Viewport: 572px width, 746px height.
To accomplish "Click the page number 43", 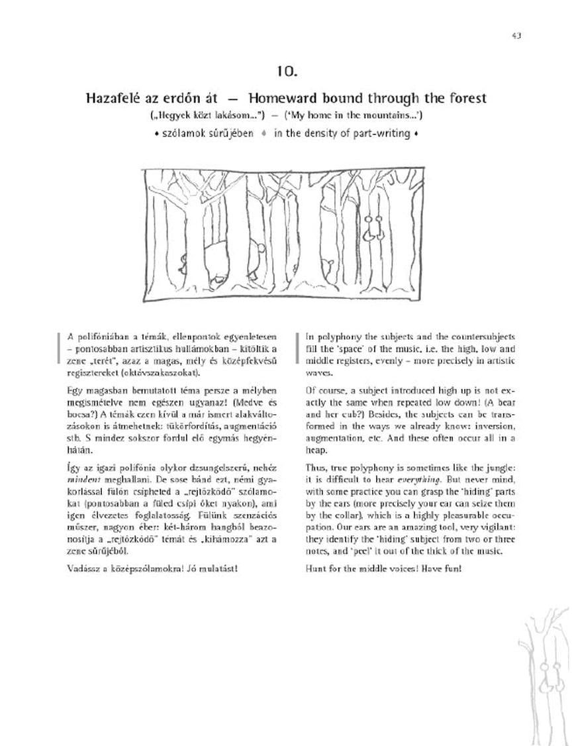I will click(516, 35).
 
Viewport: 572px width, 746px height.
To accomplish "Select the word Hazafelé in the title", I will click(112, 98).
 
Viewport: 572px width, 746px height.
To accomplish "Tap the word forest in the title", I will click(466, 98).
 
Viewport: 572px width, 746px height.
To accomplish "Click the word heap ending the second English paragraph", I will click(317, 449).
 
